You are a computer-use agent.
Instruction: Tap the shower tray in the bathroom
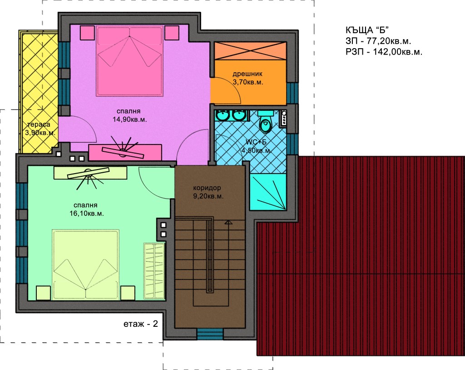(x=268, y=192)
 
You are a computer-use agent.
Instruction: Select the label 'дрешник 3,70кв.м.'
(x=247, y=78)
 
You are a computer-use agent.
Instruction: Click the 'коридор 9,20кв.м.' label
(x=208, y=192)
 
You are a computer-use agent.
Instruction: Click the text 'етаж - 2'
(x=141, y=324)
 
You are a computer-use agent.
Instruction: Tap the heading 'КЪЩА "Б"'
(x=367, y=30)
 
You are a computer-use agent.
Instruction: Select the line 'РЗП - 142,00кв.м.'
(x=384, y=52)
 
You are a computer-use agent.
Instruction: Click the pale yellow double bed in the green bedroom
(x=85, y=265)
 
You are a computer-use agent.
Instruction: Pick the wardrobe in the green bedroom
(x=154, y=271)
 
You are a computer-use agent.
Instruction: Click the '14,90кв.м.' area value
(x=129, y=120)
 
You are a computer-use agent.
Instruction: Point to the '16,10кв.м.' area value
(x=87, y=214)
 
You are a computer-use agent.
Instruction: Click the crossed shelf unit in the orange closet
(x=250, y=51)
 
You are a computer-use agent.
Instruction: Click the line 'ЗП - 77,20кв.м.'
(x=378, y=41)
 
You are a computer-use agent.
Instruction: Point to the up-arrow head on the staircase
(x=228, y=222)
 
